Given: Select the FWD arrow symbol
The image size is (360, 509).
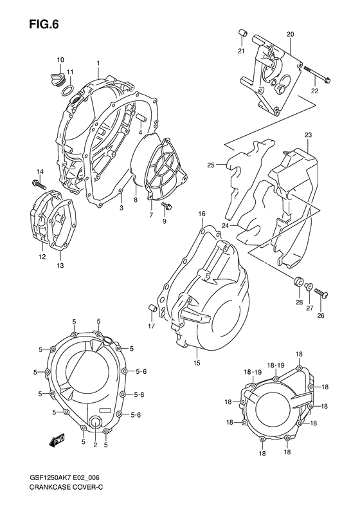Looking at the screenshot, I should tap(57, 440).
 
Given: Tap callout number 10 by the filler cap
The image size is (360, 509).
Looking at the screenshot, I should tap(60, 60).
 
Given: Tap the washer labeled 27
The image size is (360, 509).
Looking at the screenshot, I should tap(309, 288).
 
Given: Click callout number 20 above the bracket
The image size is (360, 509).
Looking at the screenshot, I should tap(290, 33).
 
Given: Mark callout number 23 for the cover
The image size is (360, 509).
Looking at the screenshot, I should tap(308, 134).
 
